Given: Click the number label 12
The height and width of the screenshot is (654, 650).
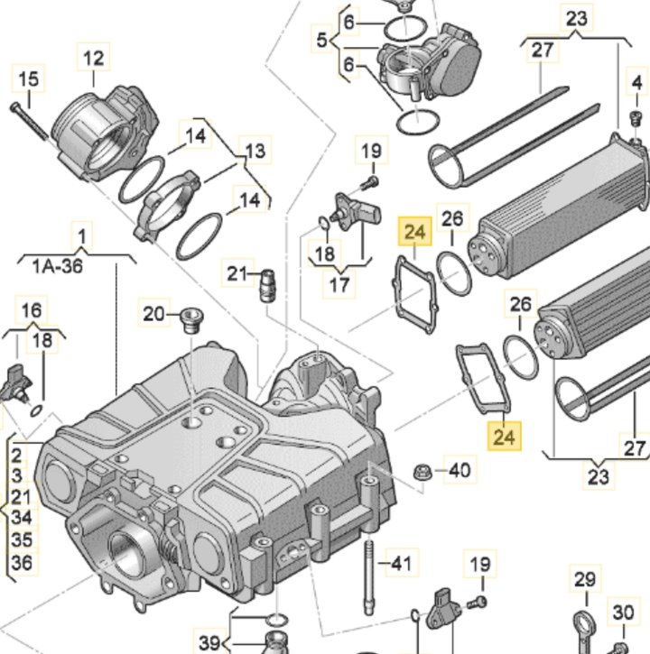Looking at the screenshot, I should [x=94, y=59].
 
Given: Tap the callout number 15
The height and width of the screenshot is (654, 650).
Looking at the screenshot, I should [x=29, y=79].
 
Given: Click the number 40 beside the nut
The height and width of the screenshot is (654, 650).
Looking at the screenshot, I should [x=460, y=470].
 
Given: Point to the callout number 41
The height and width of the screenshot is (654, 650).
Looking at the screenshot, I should [x=399, y=565].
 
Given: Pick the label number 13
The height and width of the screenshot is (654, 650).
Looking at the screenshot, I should [x=256, y=150].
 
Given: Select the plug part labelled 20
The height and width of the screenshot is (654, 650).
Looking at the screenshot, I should [x=190, y=319].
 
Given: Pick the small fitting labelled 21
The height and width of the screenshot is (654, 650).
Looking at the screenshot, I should [x=266, y=285].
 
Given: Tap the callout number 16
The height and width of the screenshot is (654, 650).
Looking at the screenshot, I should [x=32, y=311].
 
